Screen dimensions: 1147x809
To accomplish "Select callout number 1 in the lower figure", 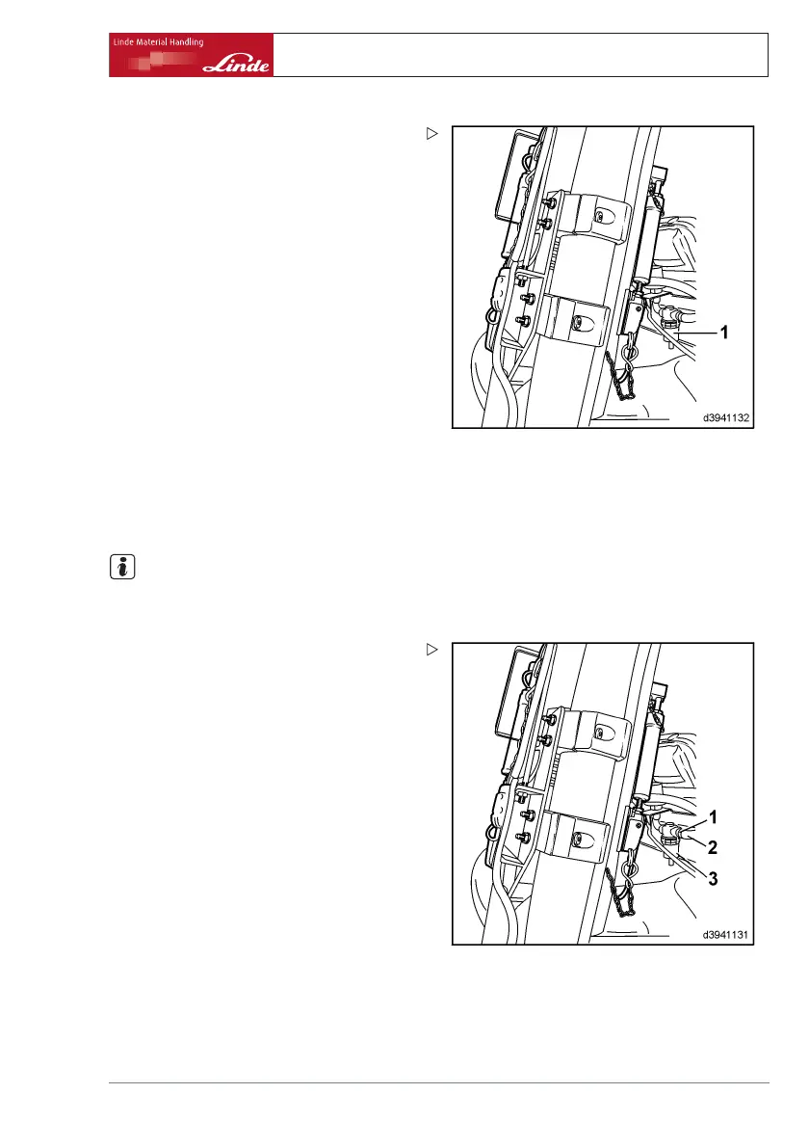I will [x=714, y=817].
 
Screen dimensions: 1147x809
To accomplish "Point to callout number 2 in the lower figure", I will [x=714, y=848].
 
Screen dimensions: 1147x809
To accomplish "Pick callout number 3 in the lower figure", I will [x=714, y=879].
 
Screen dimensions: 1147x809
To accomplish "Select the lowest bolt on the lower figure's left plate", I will [x=523, y=838].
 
